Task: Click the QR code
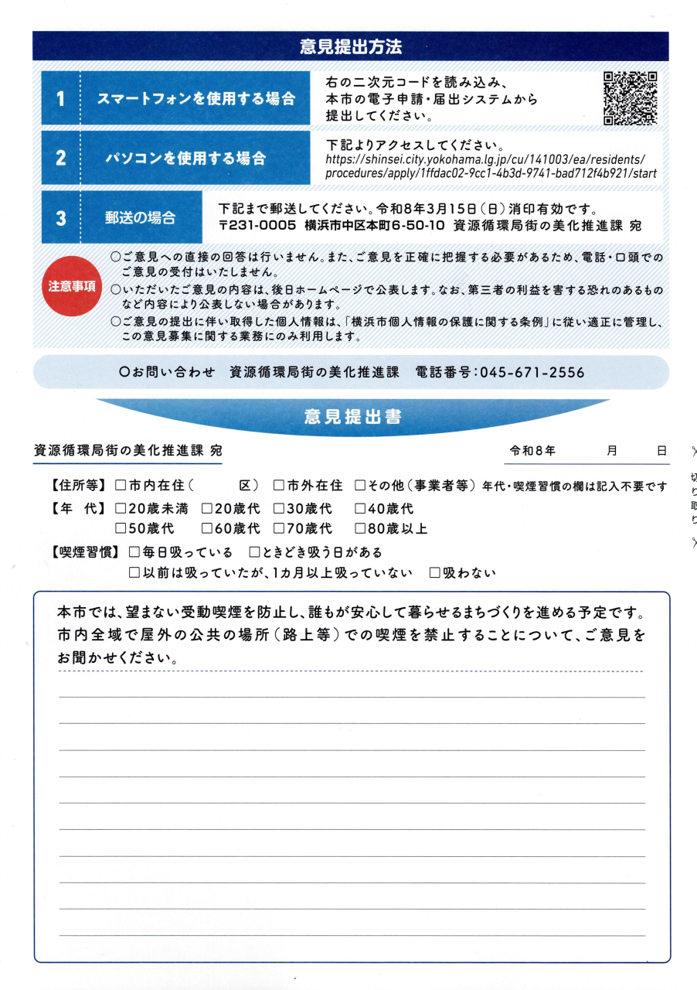point(630,98)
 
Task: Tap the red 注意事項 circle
point(72,286)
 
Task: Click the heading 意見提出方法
point(350,46)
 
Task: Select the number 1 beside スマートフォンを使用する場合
point(60,99)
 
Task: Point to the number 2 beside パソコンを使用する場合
point(60,159)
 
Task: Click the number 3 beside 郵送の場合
point(60,218)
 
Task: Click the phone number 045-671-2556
point(532,372)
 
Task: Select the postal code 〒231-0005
point(257,225)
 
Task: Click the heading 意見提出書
point(352,418)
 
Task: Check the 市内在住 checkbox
point(121,486)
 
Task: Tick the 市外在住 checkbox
point(279,486)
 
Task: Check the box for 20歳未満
point(121,509)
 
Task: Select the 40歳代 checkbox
point(360,509)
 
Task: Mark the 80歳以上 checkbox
point(360,529)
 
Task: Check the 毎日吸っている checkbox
point(135,553)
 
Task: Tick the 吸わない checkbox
point(435,573)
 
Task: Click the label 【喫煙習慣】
point(83,553)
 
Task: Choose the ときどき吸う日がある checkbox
point(254,553)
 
